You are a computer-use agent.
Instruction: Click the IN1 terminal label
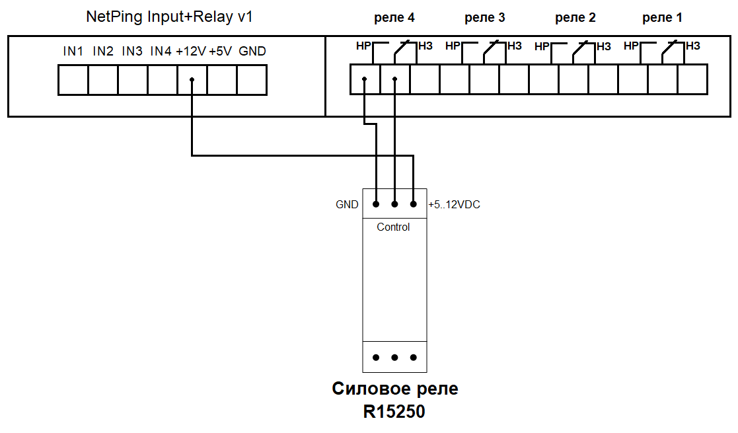pyautogui.click(x=73, y=51)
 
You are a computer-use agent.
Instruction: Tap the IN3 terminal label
pyautogui.click(x=131, y=51)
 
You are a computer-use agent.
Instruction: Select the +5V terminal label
pyautogui.click(x=220, y=51)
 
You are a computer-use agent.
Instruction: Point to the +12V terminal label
pyautogui.click(x=191, y=51)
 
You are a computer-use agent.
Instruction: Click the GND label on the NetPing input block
pyautogui.click(x=252, y=51)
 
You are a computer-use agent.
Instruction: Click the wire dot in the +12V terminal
pyautogui.click(x=192, y=79)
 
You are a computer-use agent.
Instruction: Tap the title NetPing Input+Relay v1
pyautogui.click(x=169, y=17)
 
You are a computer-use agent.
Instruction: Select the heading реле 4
pyautogui.click(x=394, y=18)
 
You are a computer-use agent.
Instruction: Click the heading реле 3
pyautogui.click(x=485, y=18)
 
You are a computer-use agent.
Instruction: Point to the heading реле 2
pyautogui.click(x=575, y=18)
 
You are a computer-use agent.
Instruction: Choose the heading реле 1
pyautogui.click(x=662, y=18)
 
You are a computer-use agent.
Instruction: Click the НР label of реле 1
pyautogui.click(x=631, y=46)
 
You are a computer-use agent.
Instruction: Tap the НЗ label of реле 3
pyautogui.click(x=515, y=46)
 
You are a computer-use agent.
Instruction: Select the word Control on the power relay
pyautogui.click(x=393, y=227)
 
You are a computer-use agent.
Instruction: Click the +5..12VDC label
pyautogui.click(x=454, y=204)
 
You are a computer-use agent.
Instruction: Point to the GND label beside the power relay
pyautogui.click(x=347, y=204)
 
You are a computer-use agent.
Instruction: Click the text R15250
pyautogui.click(x=394, y=411)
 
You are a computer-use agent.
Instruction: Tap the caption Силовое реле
pyautogui.click(x=395, y=389)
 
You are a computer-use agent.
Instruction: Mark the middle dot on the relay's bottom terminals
pyautogui.click(x=394, y=358)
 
